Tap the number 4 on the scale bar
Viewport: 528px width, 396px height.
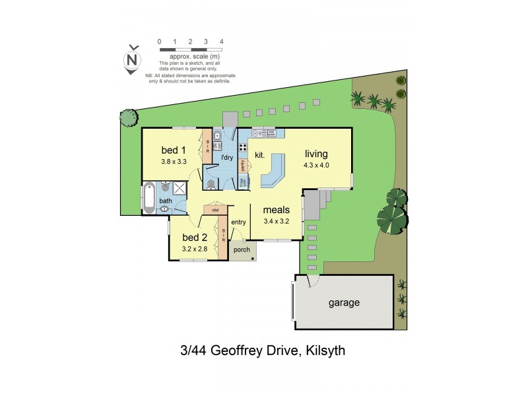pos(221,42)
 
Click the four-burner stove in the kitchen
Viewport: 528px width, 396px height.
pos(243,148)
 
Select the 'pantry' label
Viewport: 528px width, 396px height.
pos(243,166)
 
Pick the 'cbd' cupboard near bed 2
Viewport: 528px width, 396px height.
pos(215,210)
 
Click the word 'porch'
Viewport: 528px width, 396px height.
pos(242,251)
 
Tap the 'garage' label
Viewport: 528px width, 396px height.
pos(345,303)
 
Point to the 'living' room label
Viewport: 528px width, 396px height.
pos(316,154)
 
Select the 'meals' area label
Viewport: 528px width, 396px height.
pos(277,210)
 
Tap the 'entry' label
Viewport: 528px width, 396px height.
pos(238,222)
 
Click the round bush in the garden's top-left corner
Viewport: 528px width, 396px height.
pos(128,117)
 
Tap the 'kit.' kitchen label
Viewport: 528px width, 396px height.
pos(259,155)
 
